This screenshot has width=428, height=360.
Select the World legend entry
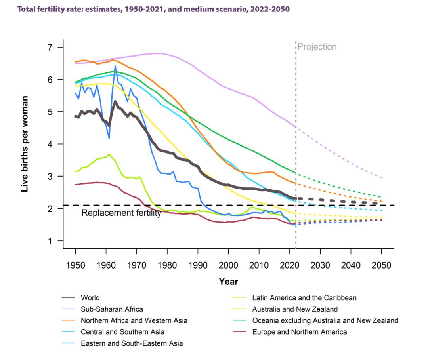[x=90, y=297]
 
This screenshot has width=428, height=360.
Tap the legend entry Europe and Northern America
[x=299, y=332]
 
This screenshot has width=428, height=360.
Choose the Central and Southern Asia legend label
[x=122, y=332]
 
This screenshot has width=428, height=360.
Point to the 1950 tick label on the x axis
[x=75, y=265]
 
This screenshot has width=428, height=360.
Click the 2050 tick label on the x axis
[x=382, y=265]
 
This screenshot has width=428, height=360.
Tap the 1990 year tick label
[x=198, y=265]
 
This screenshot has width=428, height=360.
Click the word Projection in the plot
[x=317, y=47]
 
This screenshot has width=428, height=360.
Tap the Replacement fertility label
[x=121, y=213]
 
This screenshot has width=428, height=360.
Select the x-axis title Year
[x=228, y=282]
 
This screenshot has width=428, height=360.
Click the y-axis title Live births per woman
[x=25, y=144]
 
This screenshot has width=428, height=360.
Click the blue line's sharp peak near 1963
[x=115, y=66]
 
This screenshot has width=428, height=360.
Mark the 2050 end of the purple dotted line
[x=382, y=178]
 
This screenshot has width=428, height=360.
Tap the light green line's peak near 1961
[x=109, y=154]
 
